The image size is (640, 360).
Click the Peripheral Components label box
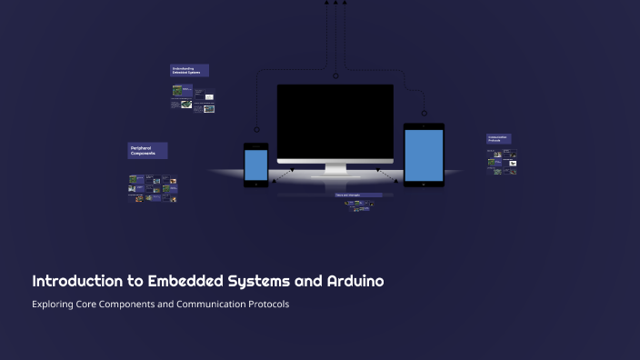coord(148,151)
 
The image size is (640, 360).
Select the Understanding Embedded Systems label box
coord(190,70)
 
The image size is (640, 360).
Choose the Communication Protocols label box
coord(498,139)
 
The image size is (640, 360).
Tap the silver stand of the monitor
coord(335,169)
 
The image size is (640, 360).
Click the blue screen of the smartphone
coord(256,165)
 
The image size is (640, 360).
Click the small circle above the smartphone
coord(257,129)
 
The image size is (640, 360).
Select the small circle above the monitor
coord(335,75)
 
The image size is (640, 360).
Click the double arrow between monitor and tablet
coord(387,173)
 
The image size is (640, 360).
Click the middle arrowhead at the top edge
coord(335,3)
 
